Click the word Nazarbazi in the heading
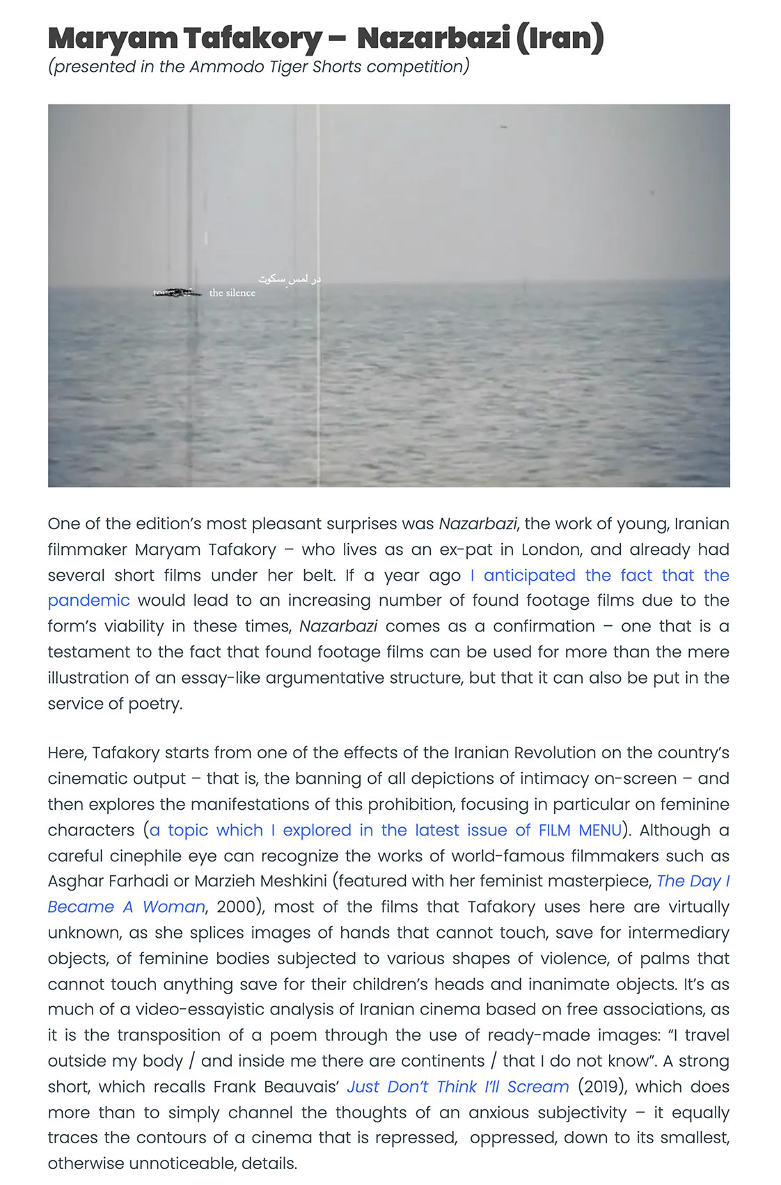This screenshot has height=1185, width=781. tap(433, 38)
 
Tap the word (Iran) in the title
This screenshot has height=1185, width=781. tap(560, 38)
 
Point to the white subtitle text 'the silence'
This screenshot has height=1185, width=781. tap(232, 293)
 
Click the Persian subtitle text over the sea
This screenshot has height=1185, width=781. tap(290, 279)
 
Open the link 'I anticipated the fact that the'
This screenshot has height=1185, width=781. tap(599, 575)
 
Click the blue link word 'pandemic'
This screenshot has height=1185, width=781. tap(88, 601)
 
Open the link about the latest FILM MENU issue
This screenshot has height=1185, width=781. tap(385, 830)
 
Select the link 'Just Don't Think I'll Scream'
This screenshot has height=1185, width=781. tap(458, 1087)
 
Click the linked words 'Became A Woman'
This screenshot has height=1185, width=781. tap(126, 907)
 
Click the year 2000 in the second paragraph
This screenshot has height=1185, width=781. tap(237, 907)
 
